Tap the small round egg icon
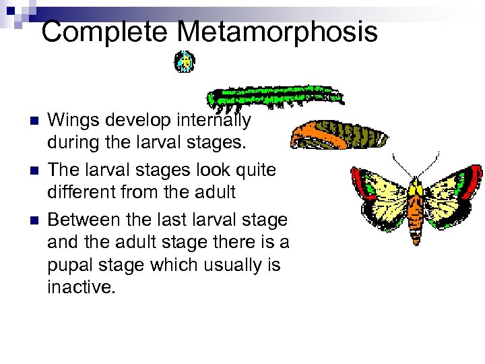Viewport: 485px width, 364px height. (x=184, y=63)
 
